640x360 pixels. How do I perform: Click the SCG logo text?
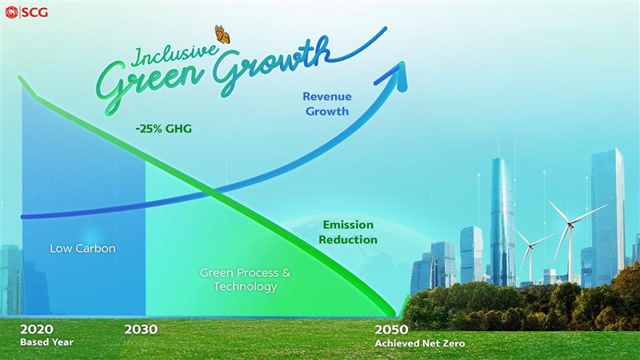click(x=35, y=13)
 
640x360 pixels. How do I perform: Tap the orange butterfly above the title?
click(x=222, y=34)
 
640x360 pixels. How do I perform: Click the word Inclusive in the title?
click(x=174, y=55)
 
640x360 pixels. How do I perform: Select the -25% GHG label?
click(x=164, y=129)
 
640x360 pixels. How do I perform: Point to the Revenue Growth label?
click(x=327, y=104)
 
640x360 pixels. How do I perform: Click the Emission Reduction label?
click(x=348, y=232)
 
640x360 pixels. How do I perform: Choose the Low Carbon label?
click(x=82, y=248)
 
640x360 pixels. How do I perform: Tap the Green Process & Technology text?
click(x=245, y=279)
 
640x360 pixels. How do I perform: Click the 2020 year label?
click(x=37, y=330)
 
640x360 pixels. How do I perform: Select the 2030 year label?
click(x=141, y=330)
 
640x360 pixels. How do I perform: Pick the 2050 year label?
click(x=391, y=330)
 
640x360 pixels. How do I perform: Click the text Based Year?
click(x=47, y=342)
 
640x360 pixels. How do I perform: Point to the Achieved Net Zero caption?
click(x=419, y=343)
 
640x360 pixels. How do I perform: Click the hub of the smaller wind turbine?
click(x=530, y=246)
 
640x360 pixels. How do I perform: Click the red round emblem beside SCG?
click(x=11, y=13)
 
